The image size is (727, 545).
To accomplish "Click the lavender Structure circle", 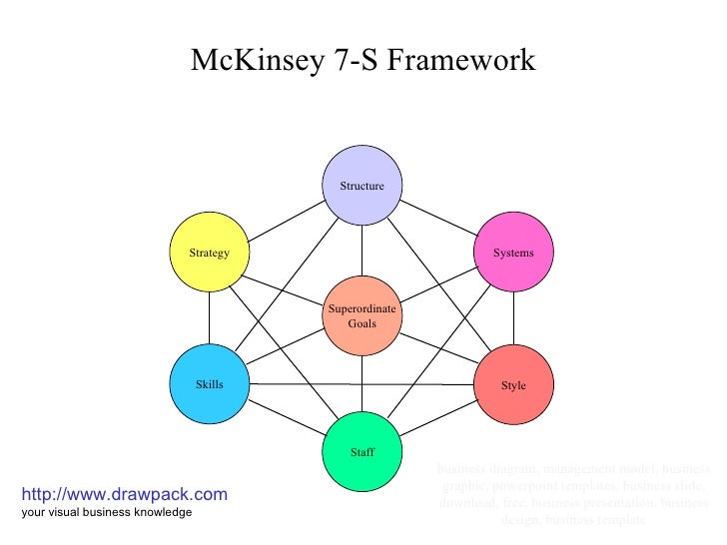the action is (x=362, y=186).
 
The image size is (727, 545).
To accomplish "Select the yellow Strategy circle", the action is (x=210, y=253).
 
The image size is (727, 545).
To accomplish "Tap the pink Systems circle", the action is (x=513, y=253).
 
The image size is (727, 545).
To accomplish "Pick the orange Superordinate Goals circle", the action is (x=362, y=316).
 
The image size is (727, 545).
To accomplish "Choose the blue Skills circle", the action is (x=210, y=385).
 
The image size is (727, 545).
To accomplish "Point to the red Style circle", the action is (x=513, y=385).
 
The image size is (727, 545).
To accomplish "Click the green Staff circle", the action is (x=362, y=452).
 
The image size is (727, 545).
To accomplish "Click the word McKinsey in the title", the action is (x=253, y=62).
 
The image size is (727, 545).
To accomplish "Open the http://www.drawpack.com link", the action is (x=124, y=494).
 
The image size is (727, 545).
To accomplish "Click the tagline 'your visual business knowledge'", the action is (x=106, y=512).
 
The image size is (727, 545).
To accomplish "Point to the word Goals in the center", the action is (x=362, y=324).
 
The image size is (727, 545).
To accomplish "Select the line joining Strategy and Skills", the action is (x=210, y=319).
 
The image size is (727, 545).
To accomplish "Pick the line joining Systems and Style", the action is (x=513, y=319).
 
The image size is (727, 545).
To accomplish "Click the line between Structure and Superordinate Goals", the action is (x=362, y=251).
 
